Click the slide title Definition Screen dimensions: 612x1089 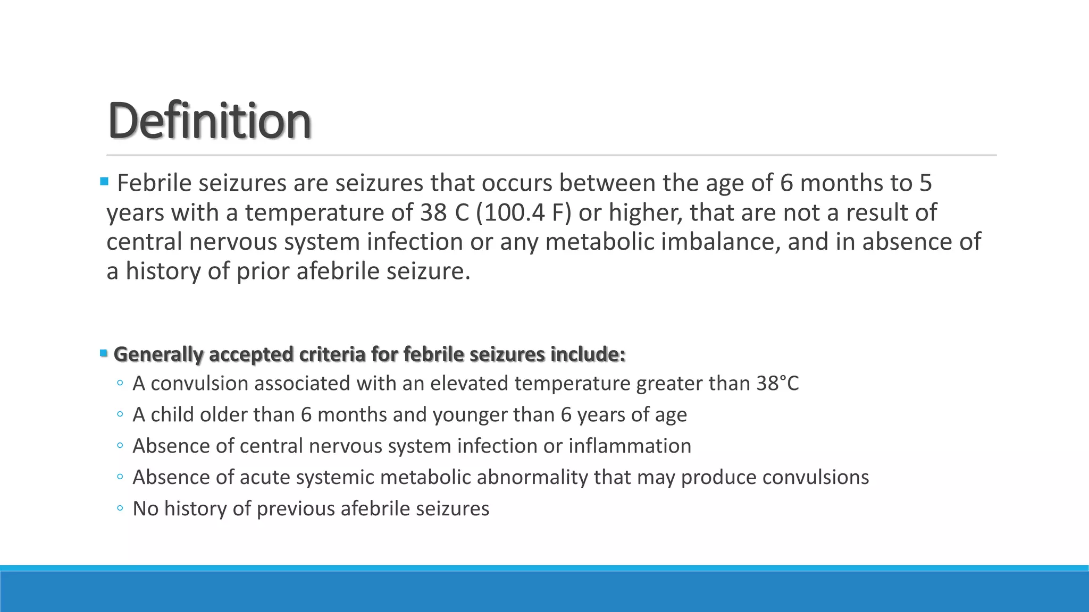[209, 121]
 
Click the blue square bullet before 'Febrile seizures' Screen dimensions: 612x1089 [104, 182]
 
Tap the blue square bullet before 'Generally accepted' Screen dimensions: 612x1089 [104, 353]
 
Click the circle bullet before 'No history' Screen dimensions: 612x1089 [120, 508]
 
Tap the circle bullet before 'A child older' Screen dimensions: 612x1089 [120, 414]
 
